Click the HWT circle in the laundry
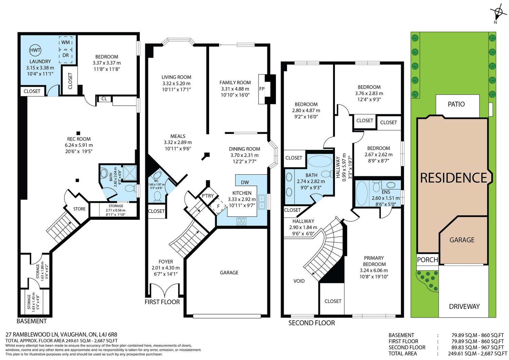(x=35, y=50)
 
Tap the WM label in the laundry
(x=65, y=42)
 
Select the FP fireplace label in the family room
(x=262, y=89)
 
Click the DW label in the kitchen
(x=245, y=182)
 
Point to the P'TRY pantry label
(x=208, y=196)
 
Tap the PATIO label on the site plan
(x=456, y=104)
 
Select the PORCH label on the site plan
(x=428, y=260)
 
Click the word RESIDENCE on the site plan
(x=454, y=178)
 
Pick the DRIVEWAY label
(x=464, y=306)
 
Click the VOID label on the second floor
(x=299, y=281)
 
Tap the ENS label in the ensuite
(x=386, y=192)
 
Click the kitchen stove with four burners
(x=241, y=221)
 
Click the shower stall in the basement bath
(x=130, y=173)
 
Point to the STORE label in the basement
(x=79, y=209)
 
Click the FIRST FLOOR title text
(x=162, y=302)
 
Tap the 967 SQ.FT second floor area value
(x=491, y=347)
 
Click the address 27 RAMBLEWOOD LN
(x=32, y=335)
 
